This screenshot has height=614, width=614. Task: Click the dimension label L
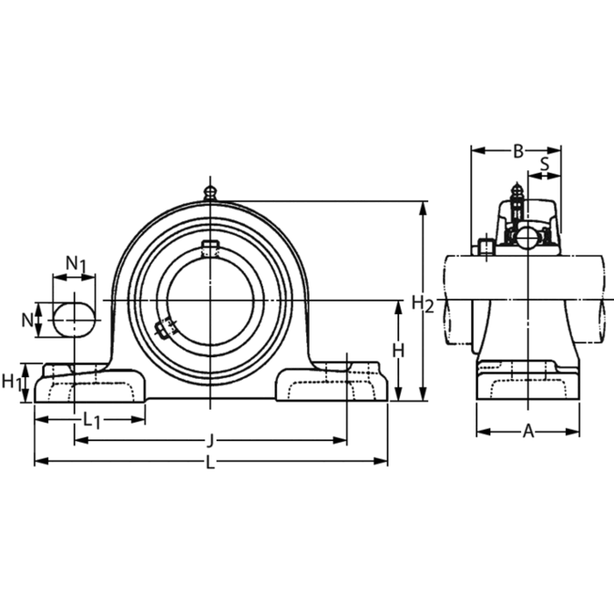tap(211, 463)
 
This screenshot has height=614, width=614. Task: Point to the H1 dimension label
tap(11, 382)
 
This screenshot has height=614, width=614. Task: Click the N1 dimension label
tap(76, 263)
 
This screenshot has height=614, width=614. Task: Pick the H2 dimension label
tap(423, 303)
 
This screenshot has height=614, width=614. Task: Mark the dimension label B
tap(518, 151)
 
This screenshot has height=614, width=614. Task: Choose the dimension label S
tap(545, 163)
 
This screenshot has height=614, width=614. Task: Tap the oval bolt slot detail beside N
tap(73, 319)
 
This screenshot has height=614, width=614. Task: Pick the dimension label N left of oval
tap(26, 319)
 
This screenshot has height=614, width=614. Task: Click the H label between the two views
tap(397, 350)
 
